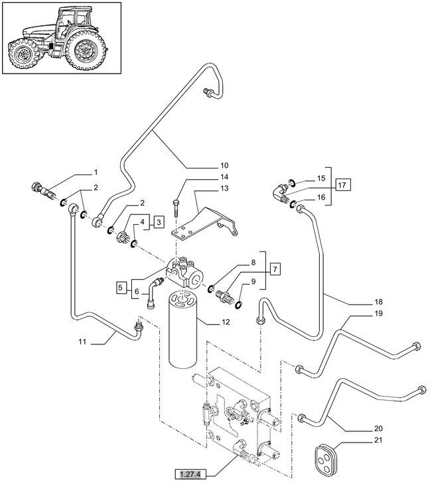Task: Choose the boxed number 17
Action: tap(342, 185)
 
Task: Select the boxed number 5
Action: tap(121, 287)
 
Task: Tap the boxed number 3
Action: tap(159, 222)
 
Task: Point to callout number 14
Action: tap(224, 176)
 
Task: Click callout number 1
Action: tap(95, 172)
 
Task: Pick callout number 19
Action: tap(378, 312)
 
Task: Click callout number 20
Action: tap(378, 428)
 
